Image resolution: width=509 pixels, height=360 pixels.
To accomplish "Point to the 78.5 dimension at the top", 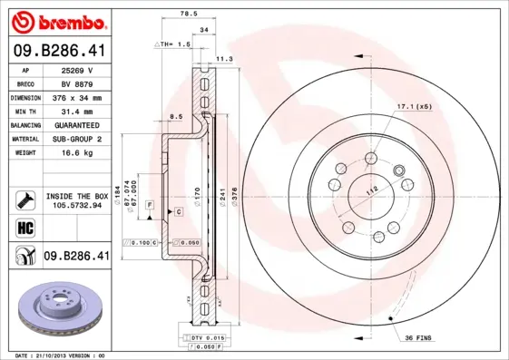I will (x=188, y=14).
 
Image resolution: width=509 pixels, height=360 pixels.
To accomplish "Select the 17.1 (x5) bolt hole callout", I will (x=414, y=107).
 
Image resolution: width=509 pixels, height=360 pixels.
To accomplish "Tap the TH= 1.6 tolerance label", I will (x=174, y=44).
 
